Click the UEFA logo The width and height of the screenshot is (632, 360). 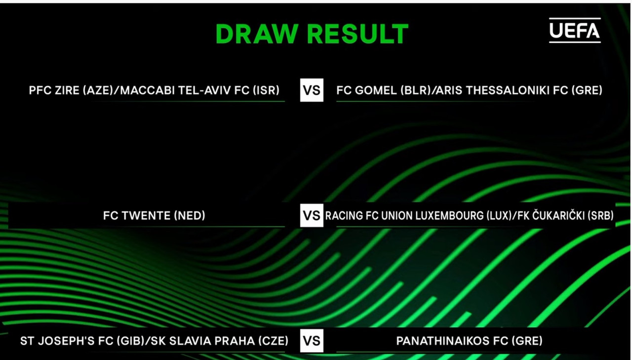coord(575,31)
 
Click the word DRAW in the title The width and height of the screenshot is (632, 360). coord(257,34)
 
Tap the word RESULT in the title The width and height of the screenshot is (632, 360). coord(358,34)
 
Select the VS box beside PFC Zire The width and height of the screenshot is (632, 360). coord(312,90)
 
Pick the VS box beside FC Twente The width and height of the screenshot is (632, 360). coord(312,215)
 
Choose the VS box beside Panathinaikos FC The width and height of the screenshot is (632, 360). coord(312,341)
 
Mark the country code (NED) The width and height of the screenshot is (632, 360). coord(190,216)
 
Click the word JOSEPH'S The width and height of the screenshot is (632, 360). coord(66,341)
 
